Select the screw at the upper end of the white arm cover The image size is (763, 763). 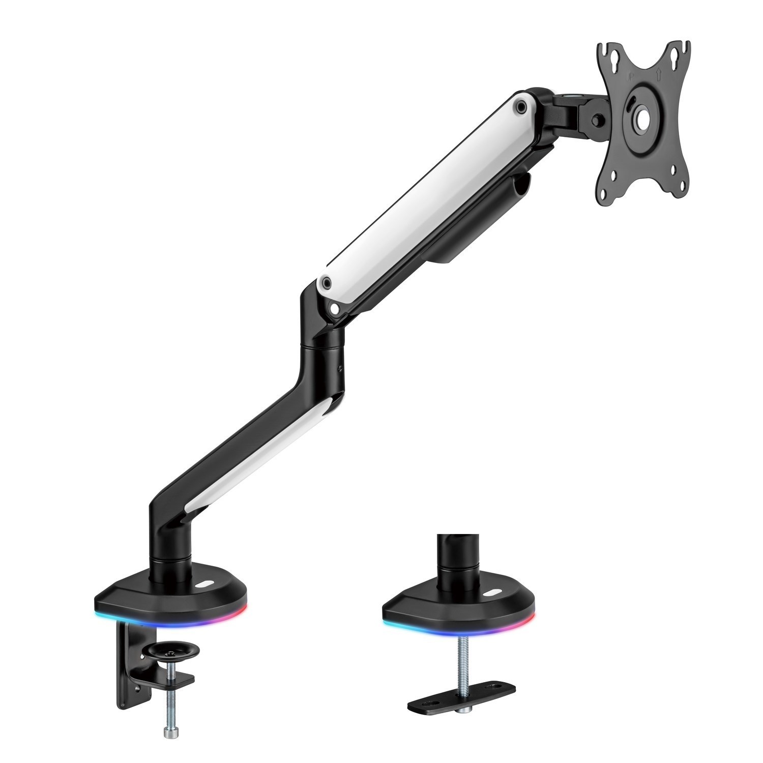click(520, 106)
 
